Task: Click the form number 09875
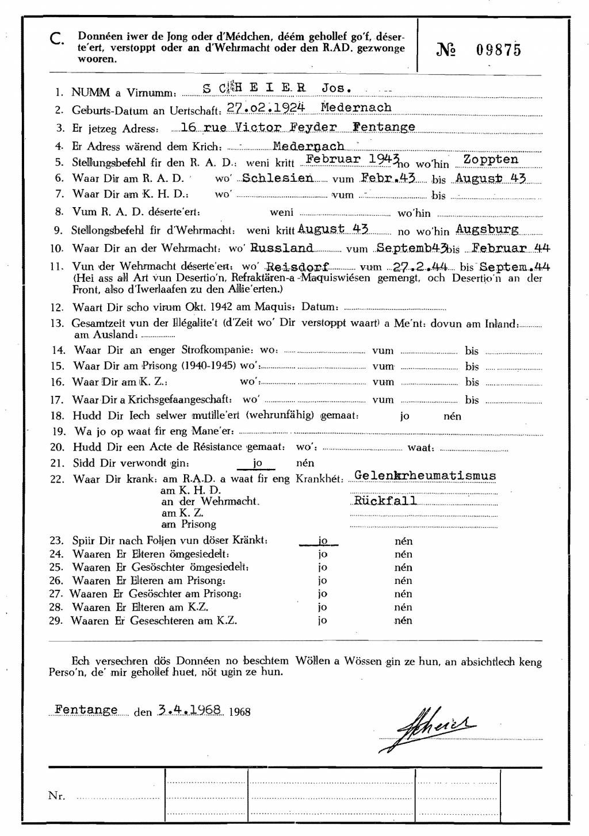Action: (x=498, y=50)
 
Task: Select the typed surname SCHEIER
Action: (x=254, y=89)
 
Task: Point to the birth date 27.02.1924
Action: (x=265, y=108)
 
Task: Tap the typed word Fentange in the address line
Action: (x=384, y=127)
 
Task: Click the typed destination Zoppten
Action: (x=491, y=159)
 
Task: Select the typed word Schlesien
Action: (x=278, y=178)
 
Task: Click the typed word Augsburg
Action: (x=487, y=229)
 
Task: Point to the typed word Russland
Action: (x=282, y=248)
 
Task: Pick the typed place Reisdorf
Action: (x=297, y=266)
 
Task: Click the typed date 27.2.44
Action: (x=419, y=266)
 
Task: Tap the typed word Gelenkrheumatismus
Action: (x=425, y=476)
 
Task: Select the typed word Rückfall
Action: (x=385, y=500)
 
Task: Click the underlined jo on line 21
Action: (x=257, y=463)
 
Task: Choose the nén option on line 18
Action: (x=452, y=416)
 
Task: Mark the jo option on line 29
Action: (x=323, y=620)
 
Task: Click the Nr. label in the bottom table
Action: (x=57, y=796)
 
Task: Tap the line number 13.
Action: (x=57, y=323)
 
